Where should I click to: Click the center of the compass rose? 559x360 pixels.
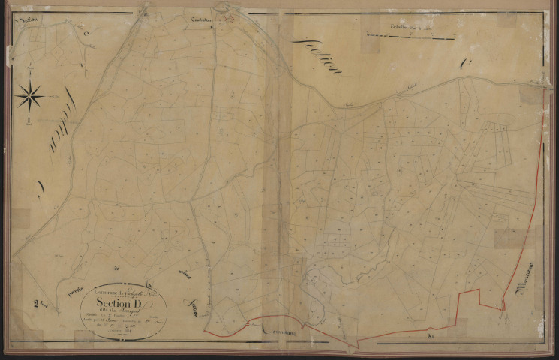(29, 95)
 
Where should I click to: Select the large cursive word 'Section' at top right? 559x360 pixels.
(318, 56)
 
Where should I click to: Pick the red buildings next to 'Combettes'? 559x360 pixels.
(212, 28)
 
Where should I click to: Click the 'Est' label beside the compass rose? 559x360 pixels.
(53, 96)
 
